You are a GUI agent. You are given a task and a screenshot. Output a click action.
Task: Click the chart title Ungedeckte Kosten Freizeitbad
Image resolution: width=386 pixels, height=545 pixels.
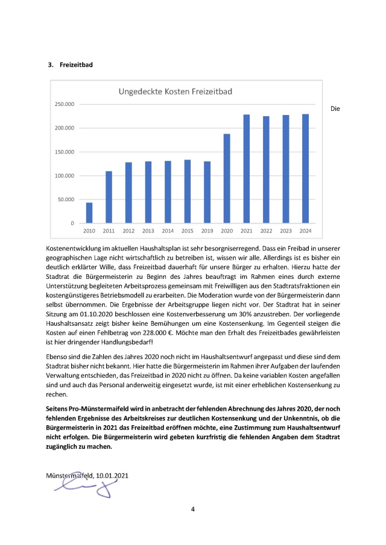tap(175, 92)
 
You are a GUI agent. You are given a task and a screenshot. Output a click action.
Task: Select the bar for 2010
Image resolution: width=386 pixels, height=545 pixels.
tap(89, 213)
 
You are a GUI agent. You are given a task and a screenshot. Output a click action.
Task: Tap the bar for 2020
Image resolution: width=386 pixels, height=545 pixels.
tap(227, 178)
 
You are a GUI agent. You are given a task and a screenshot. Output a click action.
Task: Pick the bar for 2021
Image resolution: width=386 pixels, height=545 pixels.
tap(246, 169)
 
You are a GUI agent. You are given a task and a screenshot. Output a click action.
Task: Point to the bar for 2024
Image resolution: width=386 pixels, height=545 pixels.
tap(305, 169)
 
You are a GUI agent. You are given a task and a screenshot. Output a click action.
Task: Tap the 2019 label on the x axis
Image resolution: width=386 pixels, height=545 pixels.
tap(207, 231)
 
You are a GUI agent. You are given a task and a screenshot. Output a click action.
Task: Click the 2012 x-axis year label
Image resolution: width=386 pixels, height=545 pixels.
tap(128, 231)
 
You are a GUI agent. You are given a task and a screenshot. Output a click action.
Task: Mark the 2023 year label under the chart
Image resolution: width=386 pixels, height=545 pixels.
tap(285, 231)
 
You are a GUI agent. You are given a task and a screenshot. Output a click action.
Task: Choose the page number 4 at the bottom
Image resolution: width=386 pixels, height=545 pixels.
tap(193, 509)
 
